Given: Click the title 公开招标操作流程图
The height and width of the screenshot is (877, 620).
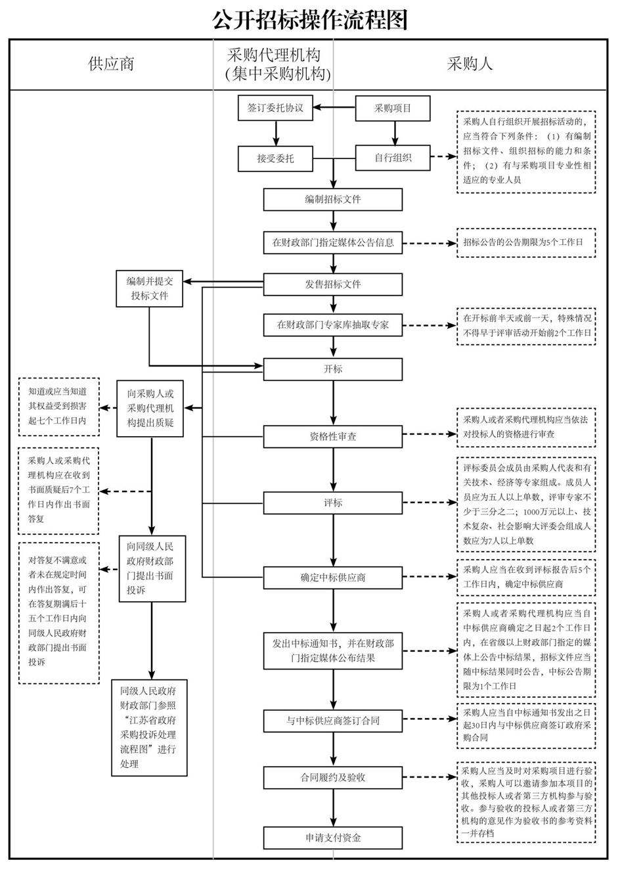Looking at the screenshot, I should pyautogui.click(x=310, y=19).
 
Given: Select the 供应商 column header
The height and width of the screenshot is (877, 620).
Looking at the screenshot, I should pyautogui.click(x=111, y=64).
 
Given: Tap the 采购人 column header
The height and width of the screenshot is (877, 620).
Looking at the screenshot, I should pyautogui.click(x=469, y=64).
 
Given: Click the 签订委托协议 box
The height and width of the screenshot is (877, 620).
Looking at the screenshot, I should pyautogui.click(x=275, y=108).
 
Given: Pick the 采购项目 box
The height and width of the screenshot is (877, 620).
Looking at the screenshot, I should pyautogui.click(x=393, y=108).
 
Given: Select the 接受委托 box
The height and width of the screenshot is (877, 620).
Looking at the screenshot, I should pyautogui.click(x=275, y=158).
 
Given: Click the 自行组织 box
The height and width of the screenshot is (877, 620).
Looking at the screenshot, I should pyautogui.click(x=393, y=158).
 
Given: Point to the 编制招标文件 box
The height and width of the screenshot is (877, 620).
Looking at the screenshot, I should pyautogui.click(x=333, y=199).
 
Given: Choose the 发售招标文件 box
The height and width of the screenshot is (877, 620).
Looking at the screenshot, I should pyautogui.click(x=333, y=284).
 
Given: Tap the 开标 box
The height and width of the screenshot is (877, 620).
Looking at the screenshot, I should pyautogui.click(x=333, y=369).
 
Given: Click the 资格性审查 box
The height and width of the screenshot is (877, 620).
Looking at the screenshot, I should pyautogui.click(x=333, y=436).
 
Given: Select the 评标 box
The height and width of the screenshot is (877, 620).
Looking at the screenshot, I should pyautogui.click(x=333, y=503).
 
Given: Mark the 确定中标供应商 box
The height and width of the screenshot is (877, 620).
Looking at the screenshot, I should pyautogui.click(x=333, y=577).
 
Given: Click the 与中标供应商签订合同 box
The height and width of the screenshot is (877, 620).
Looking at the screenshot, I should pyautogui.click(x=333, y=721).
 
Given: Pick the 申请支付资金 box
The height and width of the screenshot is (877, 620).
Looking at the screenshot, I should pyautogui.click(x=333, y=838).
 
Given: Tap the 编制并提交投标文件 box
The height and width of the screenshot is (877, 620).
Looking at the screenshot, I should pyautogui.click(x=150, y=288).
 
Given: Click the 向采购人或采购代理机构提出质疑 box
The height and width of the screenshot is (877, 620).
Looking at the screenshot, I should pyautogui.click(x=150, y=408).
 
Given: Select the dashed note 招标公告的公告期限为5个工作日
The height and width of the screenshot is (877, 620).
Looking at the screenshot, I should pyautogui.click(x=526, y=242).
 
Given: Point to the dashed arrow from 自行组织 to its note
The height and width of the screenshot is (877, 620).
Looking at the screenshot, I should pyautogui.click(x=443, y=157).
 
